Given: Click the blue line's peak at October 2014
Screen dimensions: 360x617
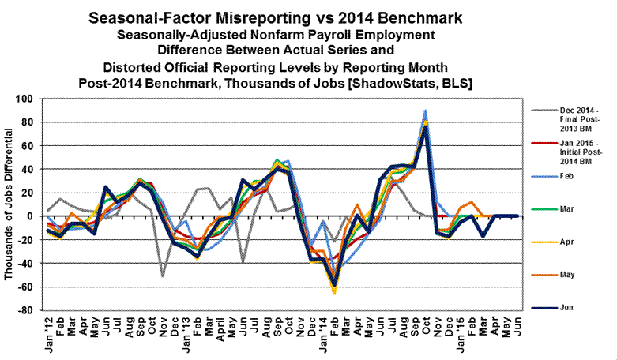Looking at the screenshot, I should (425, 111).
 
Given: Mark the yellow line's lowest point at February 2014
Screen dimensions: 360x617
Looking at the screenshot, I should (334, 293).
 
